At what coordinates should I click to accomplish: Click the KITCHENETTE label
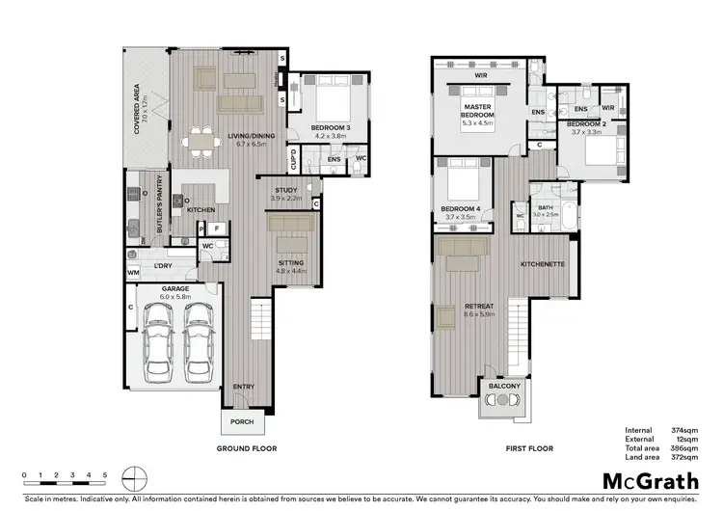542,263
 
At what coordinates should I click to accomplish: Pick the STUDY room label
285,192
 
